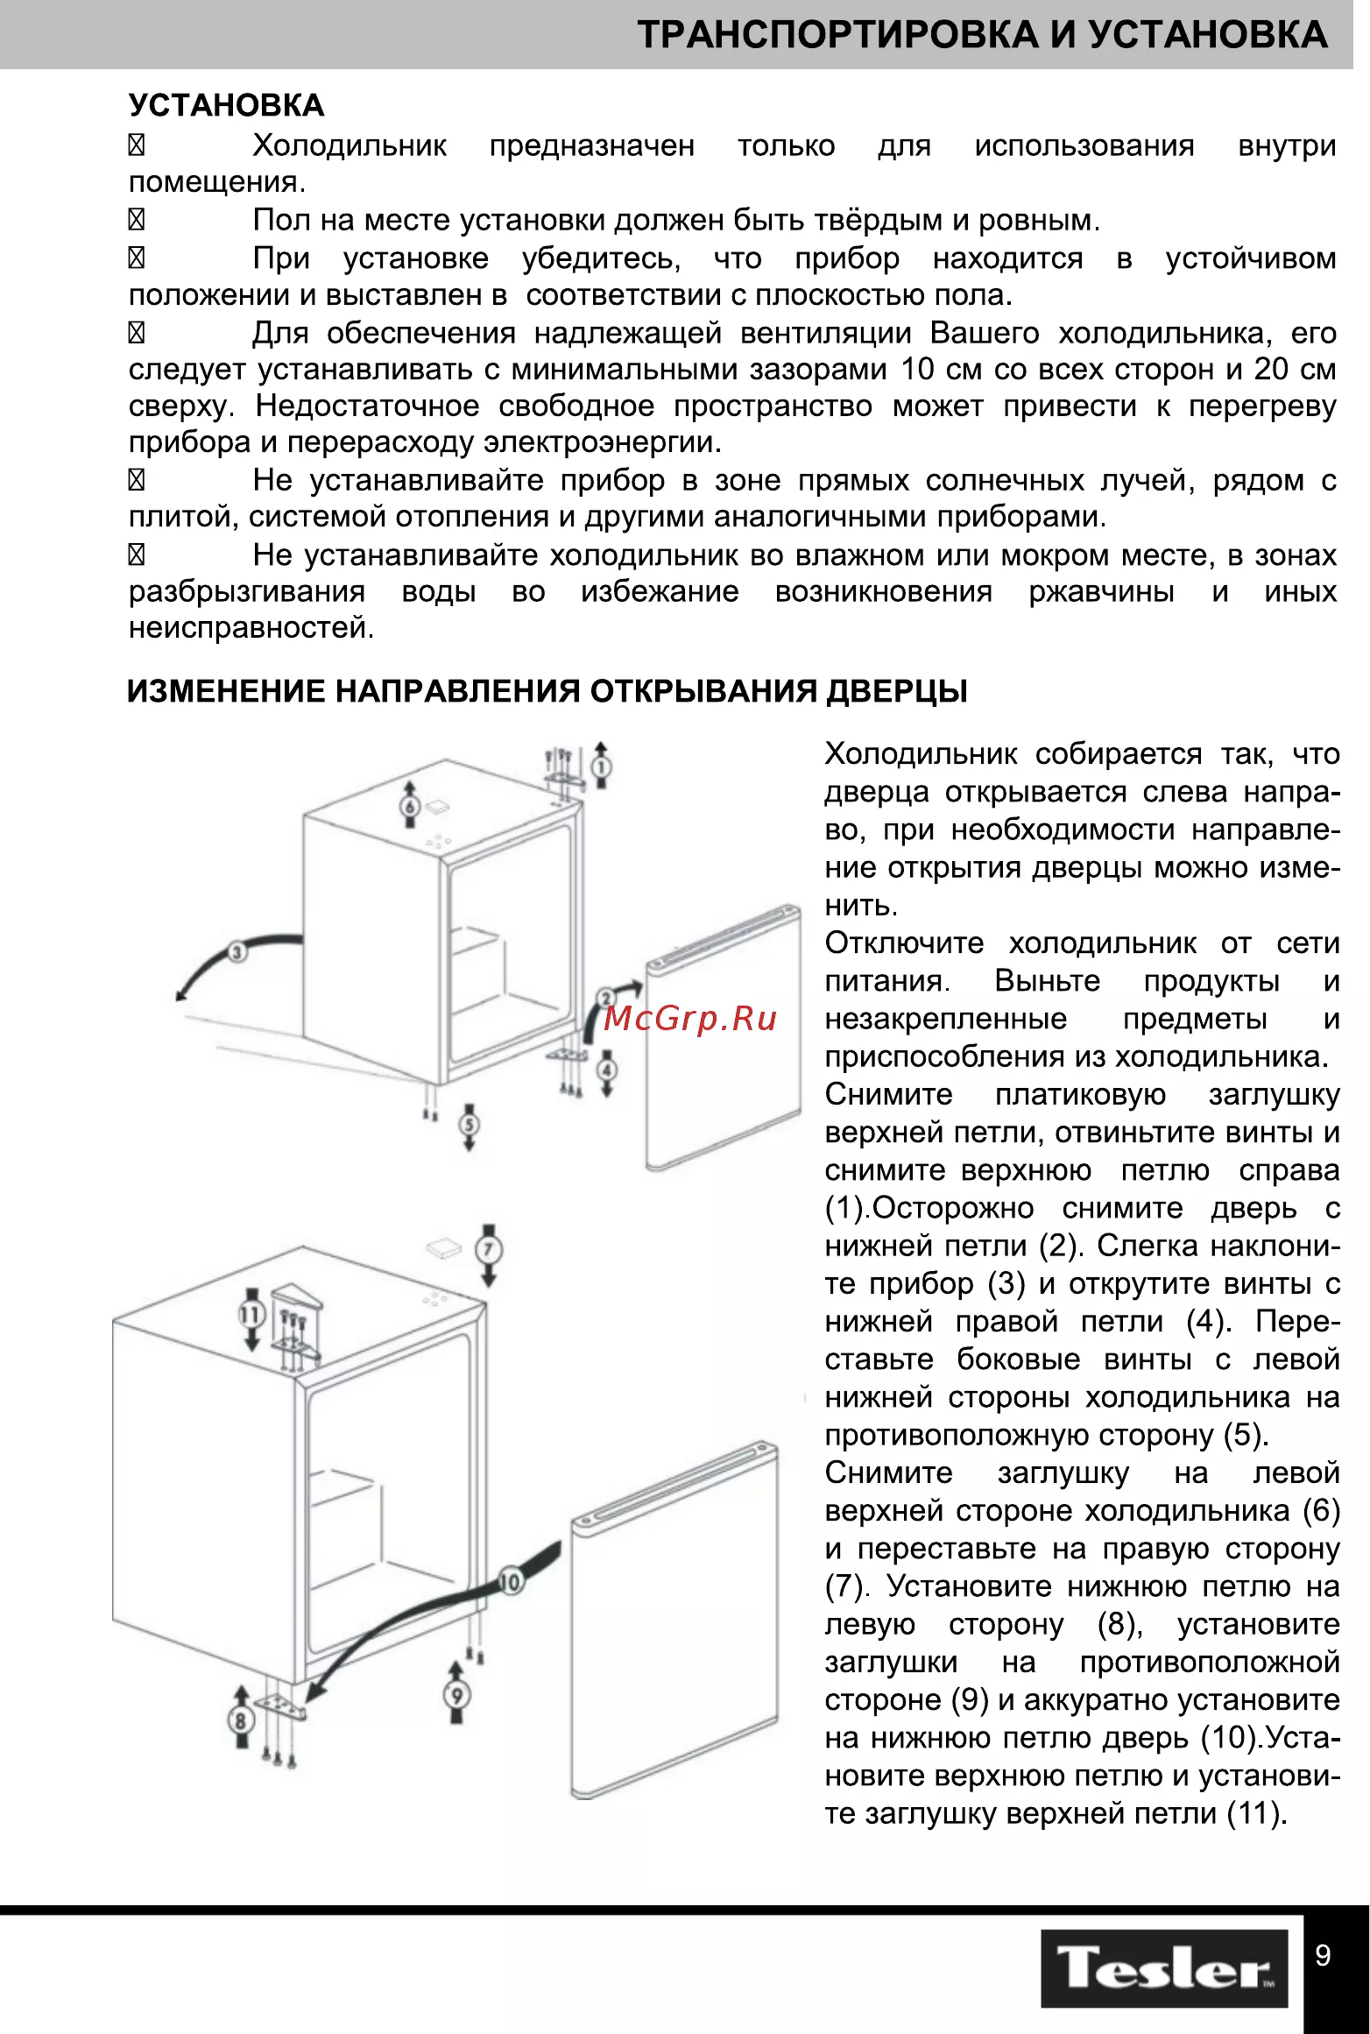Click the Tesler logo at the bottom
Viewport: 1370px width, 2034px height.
point(1164,1967)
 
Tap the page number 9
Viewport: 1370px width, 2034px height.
point(1324,1955)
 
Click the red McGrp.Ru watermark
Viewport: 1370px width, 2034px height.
point(690,1018)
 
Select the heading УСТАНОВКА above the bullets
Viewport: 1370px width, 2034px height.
point(226,105)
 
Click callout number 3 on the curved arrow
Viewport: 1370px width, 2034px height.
point(237,952)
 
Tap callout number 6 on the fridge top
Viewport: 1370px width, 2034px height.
point(410,806)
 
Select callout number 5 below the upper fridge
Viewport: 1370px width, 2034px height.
point(470,1124)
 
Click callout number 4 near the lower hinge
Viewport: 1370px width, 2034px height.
point(607,1070)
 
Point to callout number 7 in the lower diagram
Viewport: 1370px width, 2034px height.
point(489,1249)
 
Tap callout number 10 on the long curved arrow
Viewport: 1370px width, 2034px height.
point(510,1582)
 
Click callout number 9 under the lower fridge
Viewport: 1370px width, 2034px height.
point(456,1694)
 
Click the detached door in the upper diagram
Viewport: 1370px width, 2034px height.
point(724,1038)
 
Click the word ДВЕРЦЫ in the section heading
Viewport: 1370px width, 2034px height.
point(898,692)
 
